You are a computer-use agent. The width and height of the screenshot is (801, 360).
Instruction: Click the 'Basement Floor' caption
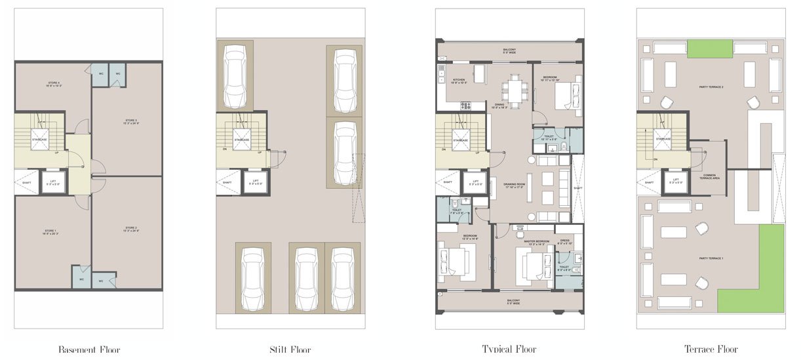(x=89, y=350)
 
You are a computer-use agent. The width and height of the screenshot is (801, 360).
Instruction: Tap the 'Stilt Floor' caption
(x=290, y=350)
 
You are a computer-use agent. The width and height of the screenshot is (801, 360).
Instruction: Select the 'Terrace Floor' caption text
(x=711, y=350)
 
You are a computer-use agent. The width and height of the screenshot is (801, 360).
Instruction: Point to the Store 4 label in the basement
(x=53, y=83)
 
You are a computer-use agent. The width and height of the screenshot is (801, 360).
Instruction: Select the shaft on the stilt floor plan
(x=227, y=182)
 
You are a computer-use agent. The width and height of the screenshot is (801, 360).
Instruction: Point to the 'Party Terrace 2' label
(x=710, y=87)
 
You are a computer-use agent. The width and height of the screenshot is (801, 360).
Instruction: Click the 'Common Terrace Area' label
(x=709, y=177)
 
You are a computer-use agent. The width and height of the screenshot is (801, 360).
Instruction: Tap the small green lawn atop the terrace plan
(x=710, y=49)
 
